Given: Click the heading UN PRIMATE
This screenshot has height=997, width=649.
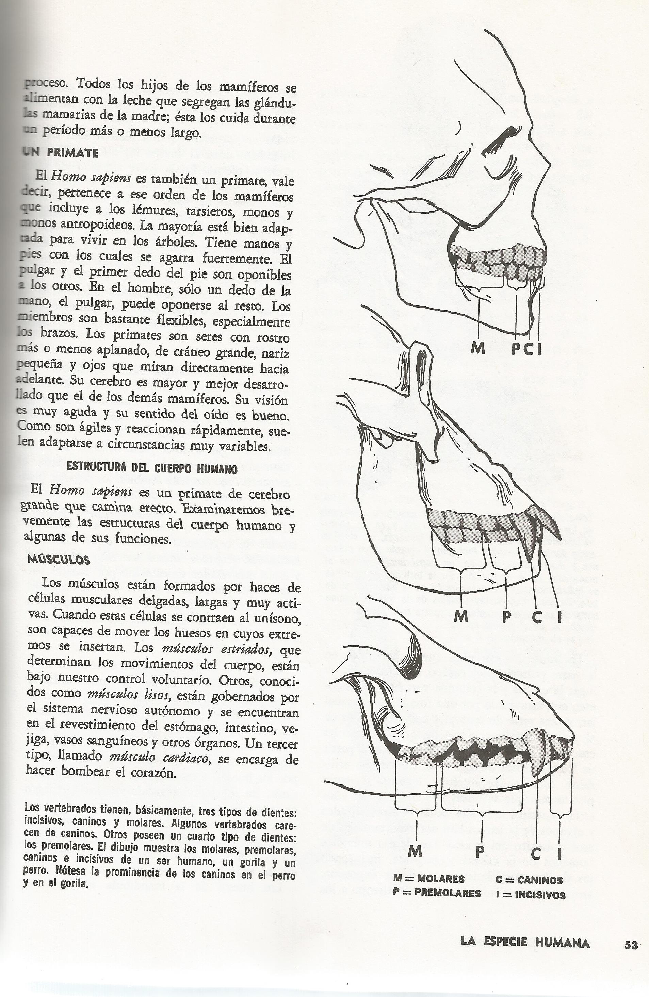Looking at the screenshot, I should pos(61,153).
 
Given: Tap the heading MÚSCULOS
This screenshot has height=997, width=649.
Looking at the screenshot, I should pos(59,560).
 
